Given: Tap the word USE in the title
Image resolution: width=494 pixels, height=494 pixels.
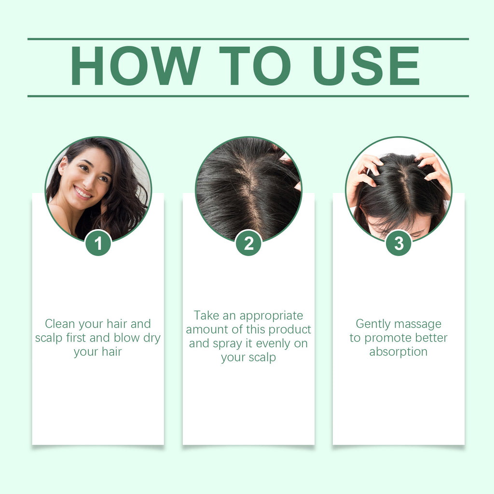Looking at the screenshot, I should [371, 67].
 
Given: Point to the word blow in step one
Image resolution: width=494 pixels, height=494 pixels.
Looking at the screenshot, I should [131, 338].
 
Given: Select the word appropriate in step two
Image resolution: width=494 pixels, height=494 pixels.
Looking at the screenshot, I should [271, 316].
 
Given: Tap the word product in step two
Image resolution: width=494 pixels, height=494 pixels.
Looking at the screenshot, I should [289, 329].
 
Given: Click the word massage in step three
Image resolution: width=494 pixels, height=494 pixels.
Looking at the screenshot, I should [417, 324].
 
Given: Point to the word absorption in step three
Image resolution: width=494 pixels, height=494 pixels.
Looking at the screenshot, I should [398, 352].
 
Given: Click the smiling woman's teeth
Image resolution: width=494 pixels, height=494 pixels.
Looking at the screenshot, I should [83, 193].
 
